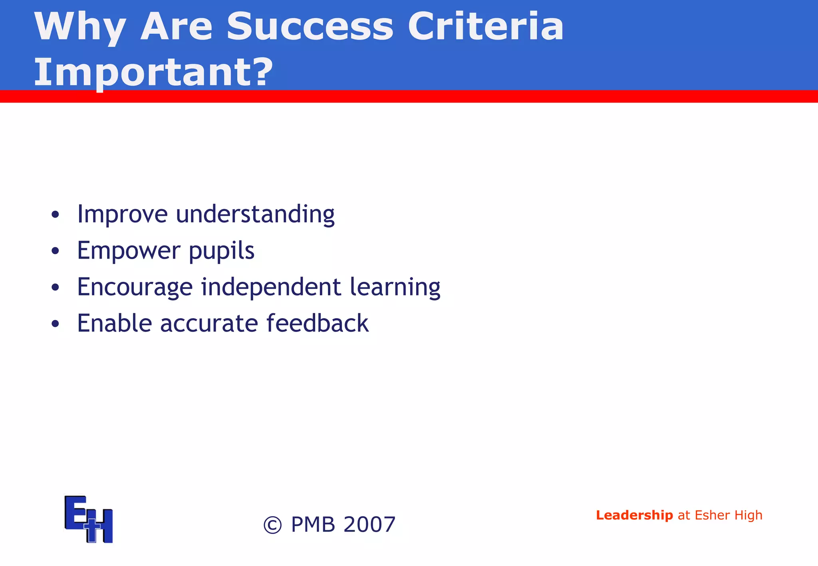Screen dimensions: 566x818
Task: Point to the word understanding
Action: (x=255, y=214)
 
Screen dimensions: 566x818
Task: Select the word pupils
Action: (x=221, y=251)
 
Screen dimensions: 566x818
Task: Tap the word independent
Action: (x=271, y=287)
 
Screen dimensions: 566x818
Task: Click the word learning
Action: (x=395, y=287)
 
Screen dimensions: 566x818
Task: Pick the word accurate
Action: (x=209, y=323)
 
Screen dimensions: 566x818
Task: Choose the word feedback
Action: (x=318, y=323)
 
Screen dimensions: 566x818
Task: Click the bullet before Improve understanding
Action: (x=55, y=215)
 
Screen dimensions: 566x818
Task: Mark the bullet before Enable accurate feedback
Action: (x=55, y=324)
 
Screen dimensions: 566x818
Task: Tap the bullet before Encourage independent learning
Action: (x=55, y=287)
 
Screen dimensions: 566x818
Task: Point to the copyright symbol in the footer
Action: (x=273, y=525)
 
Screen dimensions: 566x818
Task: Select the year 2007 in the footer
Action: (x=369, y=524)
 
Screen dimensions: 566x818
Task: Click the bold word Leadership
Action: (x=634, y=515)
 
